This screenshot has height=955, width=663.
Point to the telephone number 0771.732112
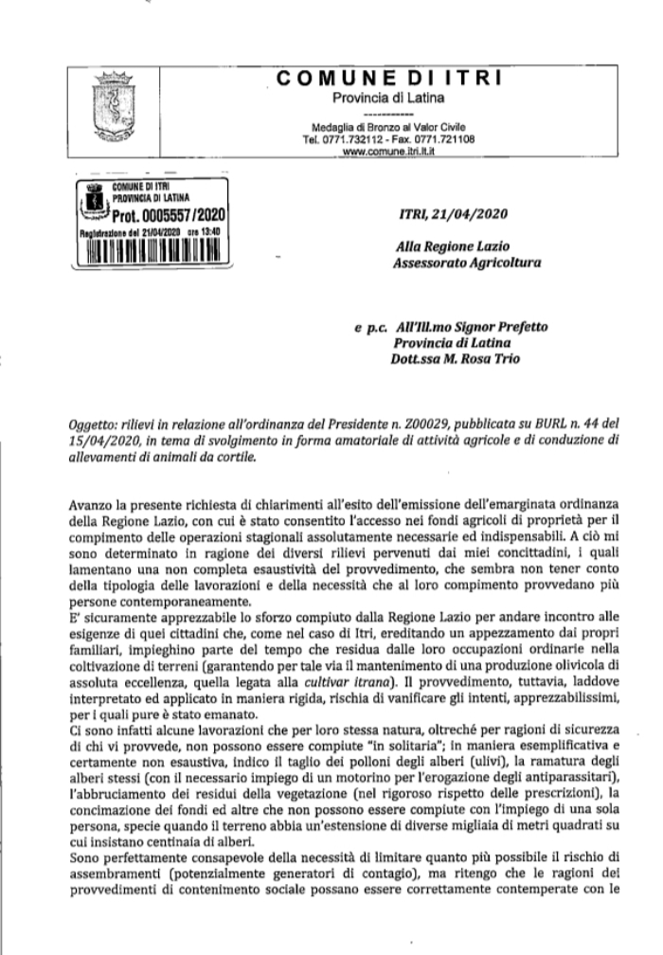pos(352,138)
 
